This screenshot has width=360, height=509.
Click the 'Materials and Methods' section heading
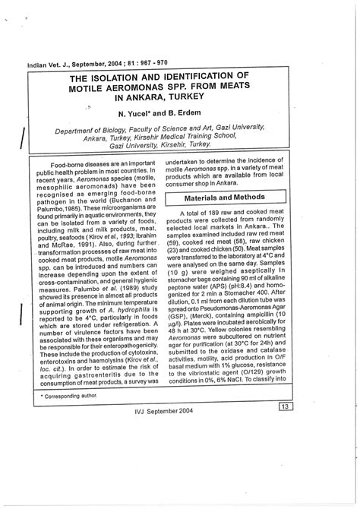[226, 197]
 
